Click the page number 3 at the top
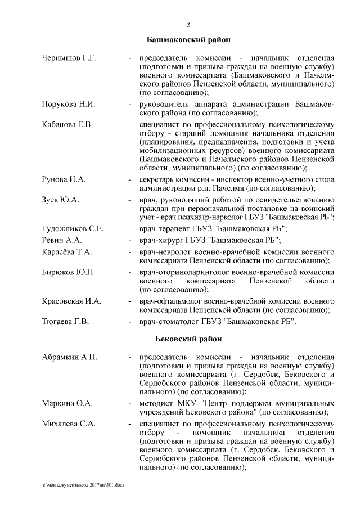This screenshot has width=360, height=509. click(189, 25)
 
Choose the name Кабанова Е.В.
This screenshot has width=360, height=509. click(67, 124)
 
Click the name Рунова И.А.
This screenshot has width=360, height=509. click(64, 179)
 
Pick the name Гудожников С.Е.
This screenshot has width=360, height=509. click(73, 229)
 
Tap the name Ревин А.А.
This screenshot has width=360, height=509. click(62, 240)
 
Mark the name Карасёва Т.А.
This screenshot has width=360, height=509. click(67, 251)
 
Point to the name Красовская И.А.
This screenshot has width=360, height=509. click(71, 301)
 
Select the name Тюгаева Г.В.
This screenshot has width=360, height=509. click(67, 322)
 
